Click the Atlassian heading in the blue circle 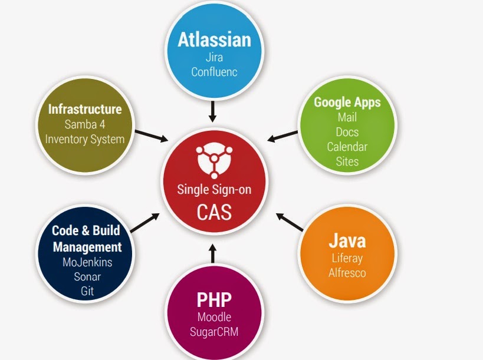pos(214,40)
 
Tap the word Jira pos(213,58)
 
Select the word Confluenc pos(213,72)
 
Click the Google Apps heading pos(347,102)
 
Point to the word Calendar pos(347,147)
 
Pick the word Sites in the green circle pos(347,161)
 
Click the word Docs pos(347,132)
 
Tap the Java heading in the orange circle pos(347,240)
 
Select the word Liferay pos(347,258)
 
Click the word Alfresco pos(347,273)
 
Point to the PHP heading pos(213,300)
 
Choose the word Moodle pos(213,318)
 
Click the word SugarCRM pos(213,332)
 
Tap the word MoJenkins pos(87,262)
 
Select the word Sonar pos(87,277)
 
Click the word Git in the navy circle pos(87,291)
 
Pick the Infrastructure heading pos(85,109)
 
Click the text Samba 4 pos(85,125)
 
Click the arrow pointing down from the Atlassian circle pos(213,110)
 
